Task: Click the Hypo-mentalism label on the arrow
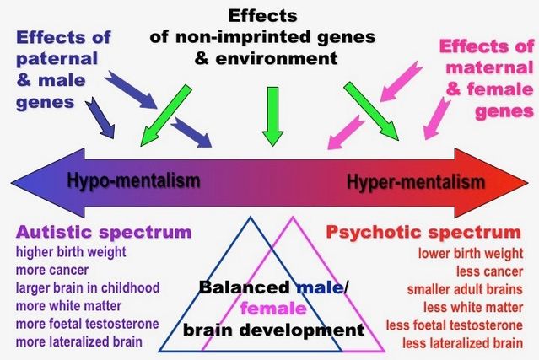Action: [133, 180]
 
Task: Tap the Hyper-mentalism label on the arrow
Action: [416, 181]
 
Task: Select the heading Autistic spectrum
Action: [104, 233]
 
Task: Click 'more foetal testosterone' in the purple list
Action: [88, 325]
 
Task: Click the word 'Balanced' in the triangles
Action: [239, 287]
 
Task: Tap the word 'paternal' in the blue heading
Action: [54, 59]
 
